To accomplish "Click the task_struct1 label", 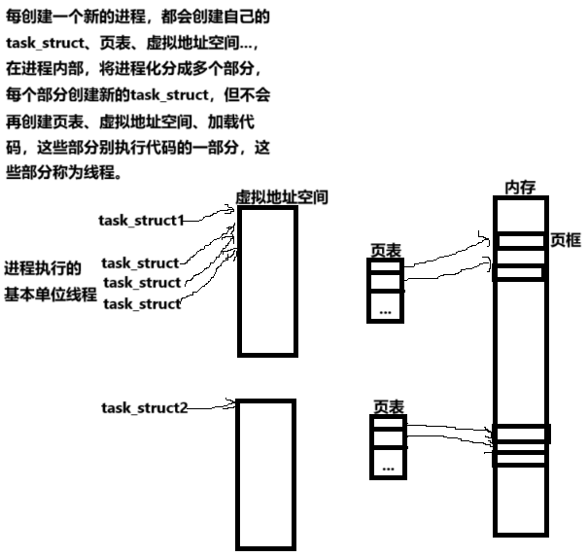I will [141, 220].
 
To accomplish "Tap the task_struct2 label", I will [144, 406].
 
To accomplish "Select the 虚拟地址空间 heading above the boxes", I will [282, 197].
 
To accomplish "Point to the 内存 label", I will [520, 187].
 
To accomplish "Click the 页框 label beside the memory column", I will [565, 239].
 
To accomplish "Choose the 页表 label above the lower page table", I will [388, 406].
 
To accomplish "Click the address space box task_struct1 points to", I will [266, 281].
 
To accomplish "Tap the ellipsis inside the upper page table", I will [386, 311].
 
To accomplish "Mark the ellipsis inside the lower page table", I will [388, 468].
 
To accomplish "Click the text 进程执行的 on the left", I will [43, 268].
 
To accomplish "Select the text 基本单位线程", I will [51, 295].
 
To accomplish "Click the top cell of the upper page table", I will [385, 267].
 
